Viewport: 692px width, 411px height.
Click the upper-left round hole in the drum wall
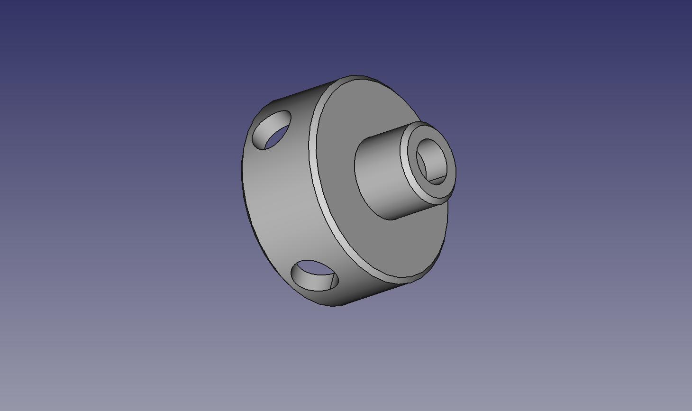point(272,129)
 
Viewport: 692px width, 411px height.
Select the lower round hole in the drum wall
point(315,275)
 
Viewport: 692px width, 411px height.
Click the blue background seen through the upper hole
point(277,137)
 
